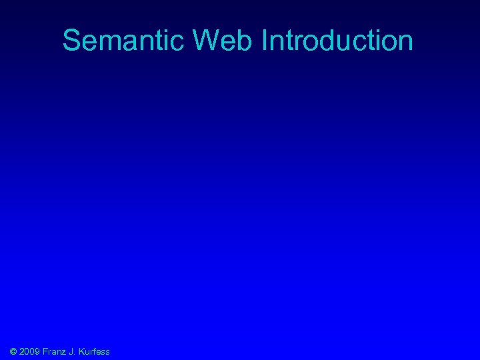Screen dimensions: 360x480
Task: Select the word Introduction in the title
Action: click(x=337, y=41)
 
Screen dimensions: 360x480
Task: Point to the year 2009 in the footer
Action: click(x=30, y=351)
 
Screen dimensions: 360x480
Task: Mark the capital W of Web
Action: click(x=207, y=41)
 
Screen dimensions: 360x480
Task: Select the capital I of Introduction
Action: click(x=265, y=41)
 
